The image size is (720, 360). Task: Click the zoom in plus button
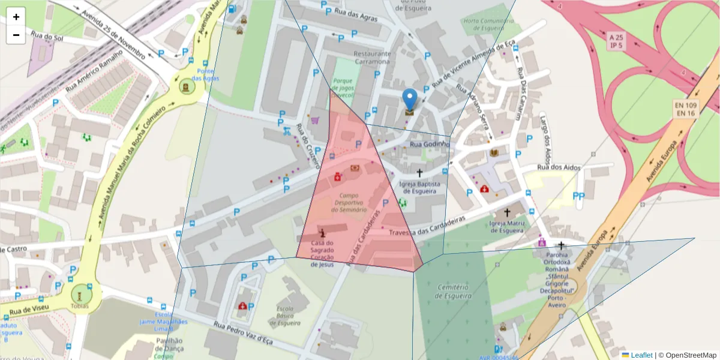click(x=16, y=17)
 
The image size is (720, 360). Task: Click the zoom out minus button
click(x=16, y=35)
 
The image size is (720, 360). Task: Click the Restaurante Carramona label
click(x=372, y=58)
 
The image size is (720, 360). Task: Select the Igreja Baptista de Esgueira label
click(x=418, y=188)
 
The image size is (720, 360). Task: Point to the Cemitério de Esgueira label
click(x=454, y=292)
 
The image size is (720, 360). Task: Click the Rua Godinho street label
click(x=430, y=145)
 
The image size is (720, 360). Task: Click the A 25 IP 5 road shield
click(x=616, y=41)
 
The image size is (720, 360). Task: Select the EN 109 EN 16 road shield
click(x=685, y=109)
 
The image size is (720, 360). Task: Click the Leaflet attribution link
click(x=641, y=355)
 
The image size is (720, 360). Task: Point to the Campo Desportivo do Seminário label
click(x=349, y=202)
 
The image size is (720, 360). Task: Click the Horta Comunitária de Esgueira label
click(x=489, y=24)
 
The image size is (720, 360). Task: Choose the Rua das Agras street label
click(x=356, y=14)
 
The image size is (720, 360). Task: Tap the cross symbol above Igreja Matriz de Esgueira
click(x=507, y=212)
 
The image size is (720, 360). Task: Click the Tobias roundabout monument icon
click(x=79, y=294)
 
